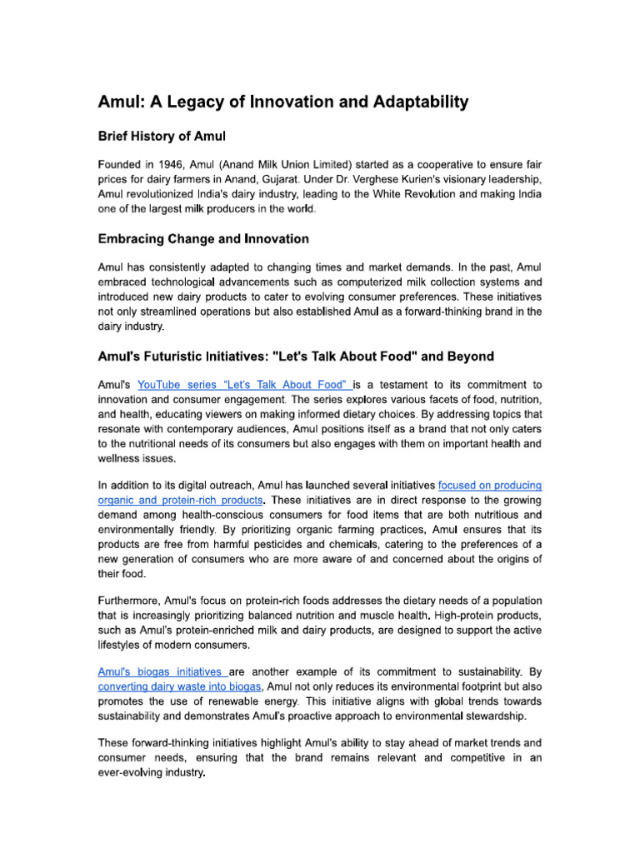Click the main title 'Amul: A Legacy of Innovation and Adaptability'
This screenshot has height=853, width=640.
283,102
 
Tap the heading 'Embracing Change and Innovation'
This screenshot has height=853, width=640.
203,239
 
